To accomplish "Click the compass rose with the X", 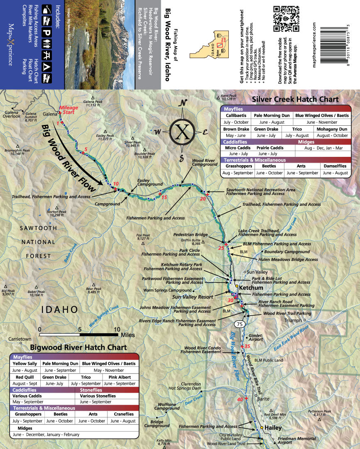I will [182, 131].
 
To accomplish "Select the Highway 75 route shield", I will [239, 324].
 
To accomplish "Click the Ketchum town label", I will [251, 288].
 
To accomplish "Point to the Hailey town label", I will [273, 428].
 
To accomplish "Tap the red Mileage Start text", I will [69, 110].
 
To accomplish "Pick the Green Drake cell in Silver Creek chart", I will [266, 129].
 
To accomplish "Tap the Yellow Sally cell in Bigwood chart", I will [25, 364].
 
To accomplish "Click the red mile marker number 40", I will [240, 399].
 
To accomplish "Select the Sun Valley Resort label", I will [193, 297].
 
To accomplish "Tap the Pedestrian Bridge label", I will [190, 235].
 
